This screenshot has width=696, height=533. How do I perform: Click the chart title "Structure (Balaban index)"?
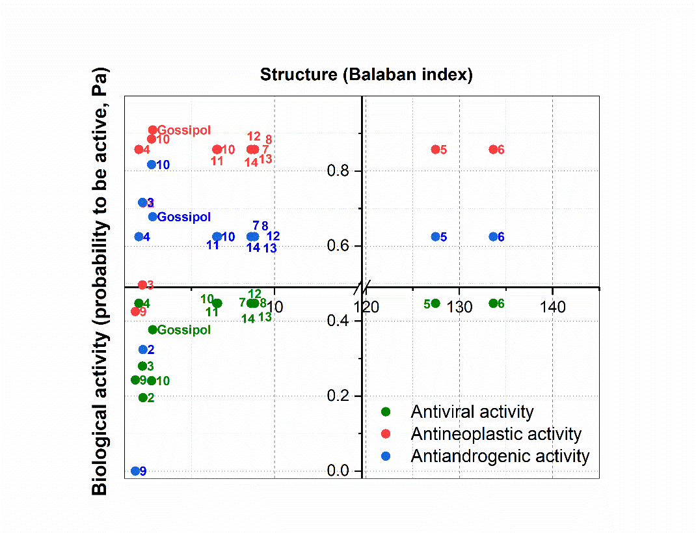(x=366, y=74)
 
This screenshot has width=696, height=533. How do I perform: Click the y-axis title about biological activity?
(x=100, y=281)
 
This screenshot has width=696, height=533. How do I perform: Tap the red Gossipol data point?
(x=153, y=130)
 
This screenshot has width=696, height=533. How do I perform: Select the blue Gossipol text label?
(x=184, y=217)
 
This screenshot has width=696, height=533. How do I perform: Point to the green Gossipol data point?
(x=153, y=330)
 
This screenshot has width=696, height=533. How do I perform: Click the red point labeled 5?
(x=436, y=150)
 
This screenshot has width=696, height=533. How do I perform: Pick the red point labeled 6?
(x=493, y=150)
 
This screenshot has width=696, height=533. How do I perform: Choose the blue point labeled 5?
(x=436, y=237)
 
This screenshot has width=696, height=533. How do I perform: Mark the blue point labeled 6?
(x=493, y=237)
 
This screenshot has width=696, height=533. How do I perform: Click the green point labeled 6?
(x=493, y=303)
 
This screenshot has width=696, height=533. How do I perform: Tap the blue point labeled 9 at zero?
(x=135, y=471)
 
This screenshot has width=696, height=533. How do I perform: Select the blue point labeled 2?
(x=143, y=349)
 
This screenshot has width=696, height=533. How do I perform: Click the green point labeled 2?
(x=143, y=398)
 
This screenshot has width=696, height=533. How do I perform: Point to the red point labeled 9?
(x=135, y=311)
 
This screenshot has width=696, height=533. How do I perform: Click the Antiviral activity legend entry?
(x=472, y=412)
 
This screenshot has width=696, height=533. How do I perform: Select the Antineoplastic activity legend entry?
(x=496, y=434)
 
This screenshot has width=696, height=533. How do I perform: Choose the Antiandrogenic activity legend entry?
(x=500, y=456)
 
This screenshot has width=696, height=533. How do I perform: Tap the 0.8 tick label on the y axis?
(x=338, y=171)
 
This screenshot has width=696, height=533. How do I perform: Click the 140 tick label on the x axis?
(x=552, y=307)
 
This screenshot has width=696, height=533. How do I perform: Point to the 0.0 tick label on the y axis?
(x=338, y=471)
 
